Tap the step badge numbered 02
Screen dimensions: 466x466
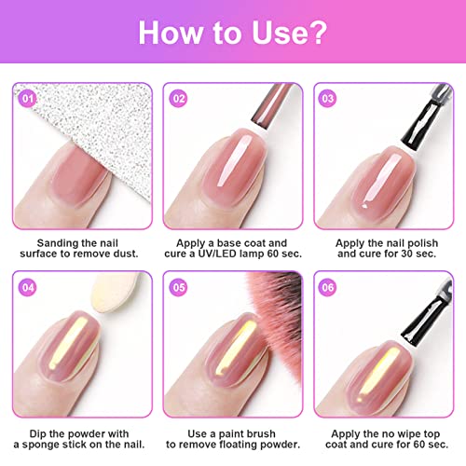click(177, 95)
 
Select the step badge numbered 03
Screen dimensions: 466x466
click(328, 95)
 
